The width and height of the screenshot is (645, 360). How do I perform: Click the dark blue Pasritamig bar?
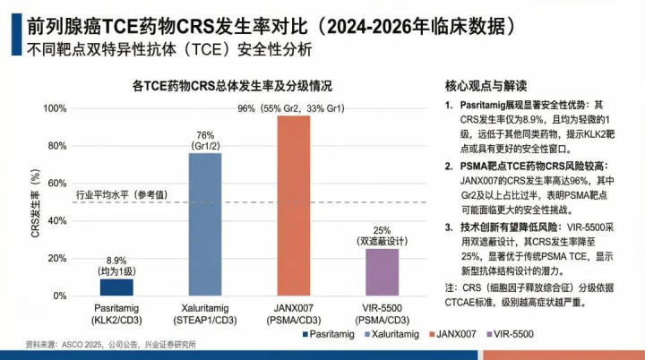pyautogui.click(x=116, y=287)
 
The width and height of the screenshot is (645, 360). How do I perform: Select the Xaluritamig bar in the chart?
pyautogui.click(x=205, y=224)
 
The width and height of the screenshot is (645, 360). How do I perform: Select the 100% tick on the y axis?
pyautogui.click(x=55, y=108)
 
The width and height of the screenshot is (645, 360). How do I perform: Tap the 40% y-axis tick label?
pyautogui.click(x=56, y=221)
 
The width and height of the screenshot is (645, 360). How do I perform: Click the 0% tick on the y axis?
pyautogui.click(x=59, y=296)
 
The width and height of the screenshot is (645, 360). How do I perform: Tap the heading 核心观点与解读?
pyautogui.click(x=485, y=86)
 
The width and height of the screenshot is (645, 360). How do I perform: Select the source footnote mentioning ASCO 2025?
pyautogui.click(x=111, y=345)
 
